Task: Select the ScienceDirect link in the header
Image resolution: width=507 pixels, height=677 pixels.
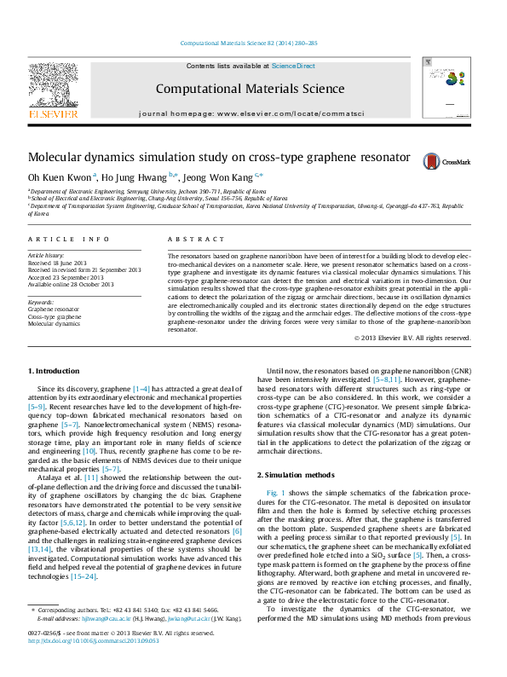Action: point(293,66)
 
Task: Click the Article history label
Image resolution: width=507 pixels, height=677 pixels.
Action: point(47,255)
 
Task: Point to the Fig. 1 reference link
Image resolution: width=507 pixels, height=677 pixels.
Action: point(275,494)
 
